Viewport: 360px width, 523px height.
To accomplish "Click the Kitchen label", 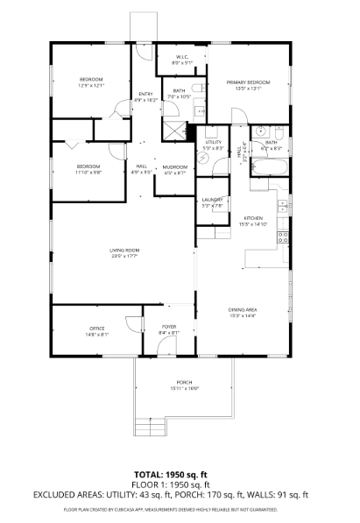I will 254,218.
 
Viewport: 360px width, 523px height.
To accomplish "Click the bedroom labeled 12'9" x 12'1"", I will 91,81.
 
